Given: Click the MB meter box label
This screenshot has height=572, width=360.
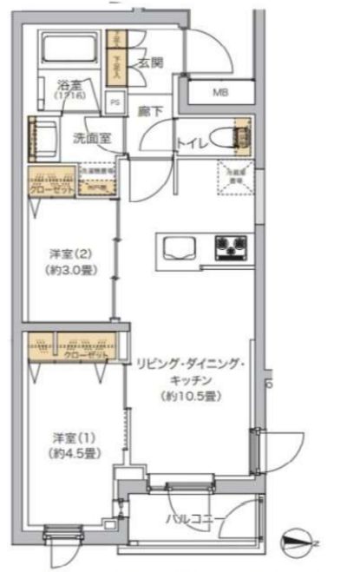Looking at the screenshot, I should (x=221, y=92).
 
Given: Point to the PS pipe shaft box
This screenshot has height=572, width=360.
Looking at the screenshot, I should (x=115, y=101).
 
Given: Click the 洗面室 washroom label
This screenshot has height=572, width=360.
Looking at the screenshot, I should (x=89, y=137).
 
